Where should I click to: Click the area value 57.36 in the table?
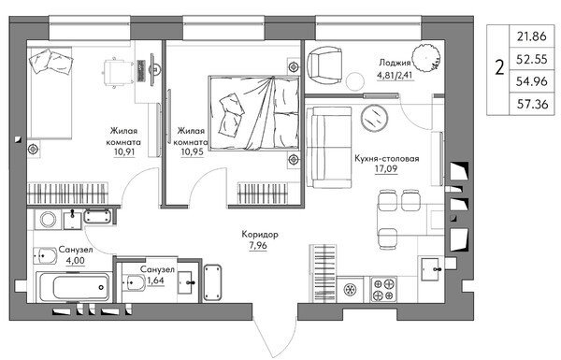pos(532,104)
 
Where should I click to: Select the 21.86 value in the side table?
pos(532,36)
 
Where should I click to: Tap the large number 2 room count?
pos(499,67)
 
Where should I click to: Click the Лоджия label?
pos(395,63)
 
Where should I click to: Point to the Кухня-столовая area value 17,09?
pos(386,168)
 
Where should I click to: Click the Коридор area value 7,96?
pos(258,246)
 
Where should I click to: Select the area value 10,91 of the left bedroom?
pos(124,151)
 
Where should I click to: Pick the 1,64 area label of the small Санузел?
pos(155,281)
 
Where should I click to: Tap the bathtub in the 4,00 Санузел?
pos(74,287)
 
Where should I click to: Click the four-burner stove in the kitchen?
pos(383,290)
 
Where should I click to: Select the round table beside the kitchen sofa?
pos(375,118)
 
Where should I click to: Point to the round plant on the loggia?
pos(425,58)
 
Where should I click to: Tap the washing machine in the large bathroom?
pos(49,220)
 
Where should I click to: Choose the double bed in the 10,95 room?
pos(253,113)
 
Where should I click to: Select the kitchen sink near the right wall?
pos(431,269)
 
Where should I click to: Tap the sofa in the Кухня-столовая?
pos(329,147)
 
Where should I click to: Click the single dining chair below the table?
pos(388,238)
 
